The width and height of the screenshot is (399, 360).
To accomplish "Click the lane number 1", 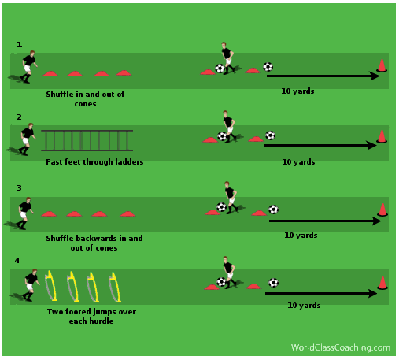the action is click(x=19, y=45).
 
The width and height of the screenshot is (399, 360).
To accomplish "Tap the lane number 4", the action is click(x=17, y=261).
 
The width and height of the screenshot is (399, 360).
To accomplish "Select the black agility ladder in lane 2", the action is click(x=87, y=140).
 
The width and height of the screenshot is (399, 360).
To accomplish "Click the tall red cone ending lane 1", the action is click(x=382, y=65).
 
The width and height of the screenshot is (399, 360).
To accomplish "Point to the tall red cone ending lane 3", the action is click(x=382, y=210).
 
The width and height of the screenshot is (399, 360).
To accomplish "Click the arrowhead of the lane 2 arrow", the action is click(x=372, y=145).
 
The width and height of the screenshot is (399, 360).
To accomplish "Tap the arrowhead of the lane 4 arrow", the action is click(x=372, y=293).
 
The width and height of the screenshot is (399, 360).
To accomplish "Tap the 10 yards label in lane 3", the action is click(x=301, y=235).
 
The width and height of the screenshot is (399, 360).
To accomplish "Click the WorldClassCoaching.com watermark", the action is click(x=341, y=347).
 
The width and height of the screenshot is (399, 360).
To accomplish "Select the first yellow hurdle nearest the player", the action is click(x=51, y=286).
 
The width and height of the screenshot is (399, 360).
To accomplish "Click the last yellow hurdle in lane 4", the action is click(x=115, y=288).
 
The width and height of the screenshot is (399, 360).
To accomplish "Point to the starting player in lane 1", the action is click(x=28, y=67).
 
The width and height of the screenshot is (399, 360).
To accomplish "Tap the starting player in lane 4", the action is click(x=31, y=285).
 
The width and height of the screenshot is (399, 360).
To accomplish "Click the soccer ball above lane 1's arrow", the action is click(x=268, y=67).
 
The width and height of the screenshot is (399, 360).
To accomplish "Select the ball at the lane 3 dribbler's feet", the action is click(x=221, y=207).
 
